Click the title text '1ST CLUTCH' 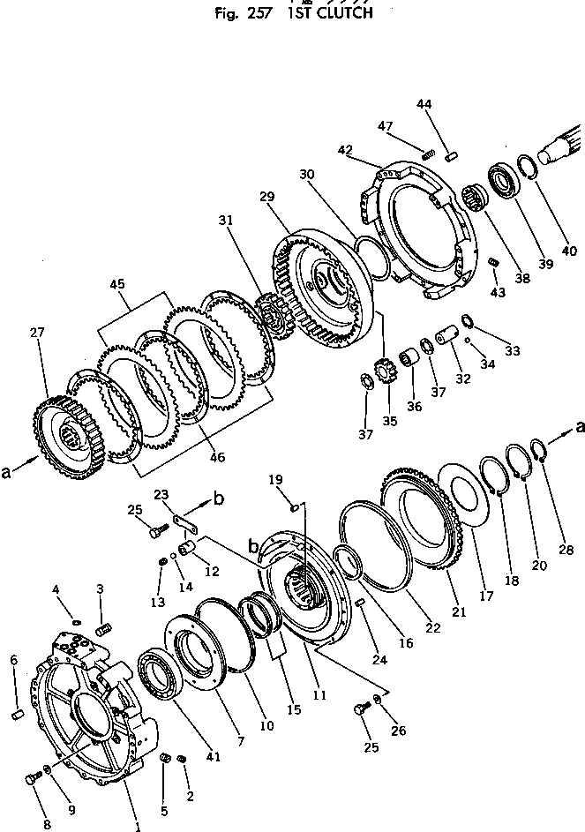point(328,13)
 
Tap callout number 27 point(37,334)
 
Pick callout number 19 point(276,478)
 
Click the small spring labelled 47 point(428,155)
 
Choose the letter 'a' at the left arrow point(7,472)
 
